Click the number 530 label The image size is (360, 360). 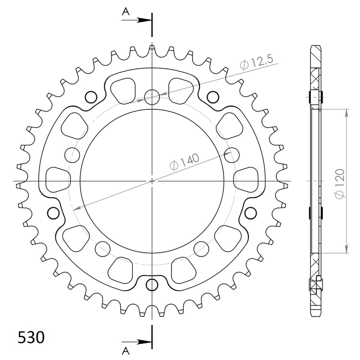point(31,337)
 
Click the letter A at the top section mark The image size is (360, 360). point(126,13)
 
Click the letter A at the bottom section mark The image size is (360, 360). point(126,350)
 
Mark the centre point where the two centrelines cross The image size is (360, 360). point(153,181)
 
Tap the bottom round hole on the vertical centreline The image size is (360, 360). point(153,285)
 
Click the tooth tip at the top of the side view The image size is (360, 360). point(317,47)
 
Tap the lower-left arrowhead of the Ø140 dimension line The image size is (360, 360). point(76,208)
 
